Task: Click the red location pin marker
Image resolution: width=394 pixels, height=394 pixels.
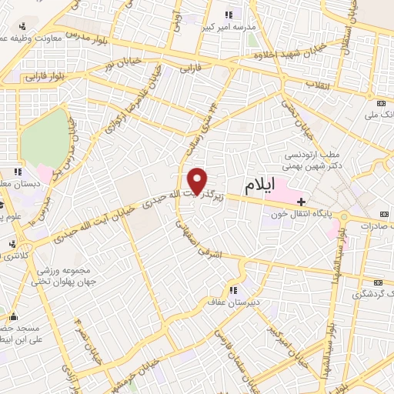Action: point(199,181)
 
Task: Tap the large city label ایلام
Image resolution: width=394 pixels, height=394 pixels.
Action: point(260,185)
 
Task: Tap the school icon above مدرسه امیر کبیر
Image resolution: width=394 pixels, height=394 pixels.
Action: point(229,15)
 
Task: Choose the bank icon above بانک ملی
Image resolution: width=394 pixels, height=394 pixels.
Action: point(382,103)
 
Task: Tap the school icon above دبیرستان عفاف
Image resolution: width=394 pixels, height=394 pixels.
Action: point(232,289)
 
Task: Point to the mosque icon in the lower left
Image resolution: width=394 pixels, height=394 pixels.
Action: point(13,315)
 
